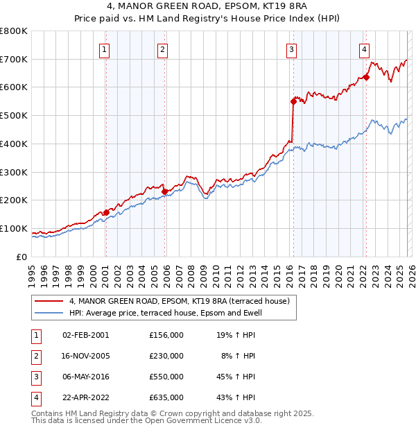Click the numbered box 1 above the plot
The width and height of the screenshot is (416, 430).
pos(104,49)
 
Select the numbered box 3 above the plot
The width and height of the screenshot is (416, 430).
pos(292,49)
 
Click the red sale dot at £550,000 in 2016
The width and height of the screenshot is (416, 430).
pos(293,101)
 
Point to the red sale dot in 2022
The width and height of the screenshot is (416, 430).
pos(366,77)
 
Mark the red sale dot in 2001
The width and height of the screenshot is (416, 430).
pos(106,212)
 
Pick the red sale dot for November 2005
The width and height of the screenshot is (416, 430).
pos(164,191)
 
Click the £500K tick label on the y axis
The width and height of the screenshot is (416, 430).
pos(13,116)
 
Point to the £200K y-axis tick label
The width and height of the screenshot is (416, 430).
pos(13,200)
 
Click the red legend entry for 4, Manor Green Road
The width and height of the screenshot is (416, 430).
pos(173,302)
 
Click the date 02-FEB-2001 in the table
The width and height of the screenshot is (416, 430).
pos(85,335)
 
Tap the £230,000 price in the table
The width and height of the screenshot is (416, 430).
pos(166,356)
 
